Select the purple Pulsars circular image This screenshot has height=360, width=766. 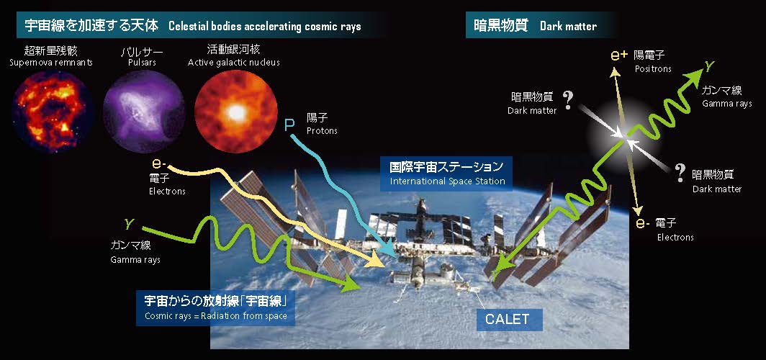pyautogui.click(x=144, y=111)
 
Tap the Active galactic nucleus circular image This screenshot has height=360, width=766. pyautogui.click(x=236, y=111)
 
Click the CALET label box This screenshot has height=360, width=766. pyautogui.click(x=507, y=320)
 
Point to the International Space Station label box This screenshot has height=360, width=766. pyautogui.click(x=446, y=174)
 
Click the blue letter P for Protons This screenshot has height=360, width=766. pyautogui.click(x=289, y=125)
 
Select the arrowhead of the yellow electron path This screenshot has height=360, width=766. pyautogui.click(x=375, y=260)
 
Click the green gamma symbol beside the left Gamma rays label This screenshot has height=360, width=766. pyautogui.click(x=129, y=224)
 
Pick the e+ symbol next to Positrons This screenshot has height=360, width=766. pyautogui.click(x=619, y=55)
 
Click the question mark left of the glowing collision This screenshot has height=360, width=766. pyautogui.click(x=567, y=100)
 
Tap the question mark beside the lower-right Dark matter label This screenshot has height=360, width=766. pyautogui.click(x=680, y=172)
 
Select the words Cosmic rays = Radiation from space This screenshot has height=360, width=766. pyautogui.click(x=216, y=315)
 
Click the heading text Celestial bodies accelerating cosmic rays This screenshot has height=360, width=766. pyautogui.click(x=265, y=26)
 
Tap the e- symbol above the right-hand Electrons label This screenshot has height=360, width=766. pyautogui.click(x=642, y=224)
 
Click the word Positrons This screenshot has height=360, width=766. pyautogui.click(x=653, y=69)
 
